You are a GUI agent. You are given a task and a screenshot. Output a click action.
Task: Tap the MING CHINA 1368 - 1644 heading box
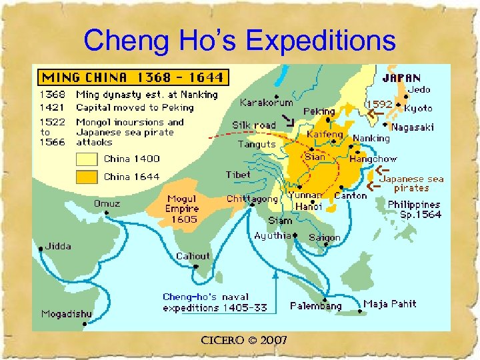coord(132,77)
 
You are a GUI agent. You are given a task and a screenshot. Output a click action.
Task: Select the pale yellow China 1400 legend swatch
coord(87,159)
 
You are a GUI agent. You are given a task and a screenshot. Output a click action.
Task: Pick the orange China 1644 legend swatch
coord(87,177)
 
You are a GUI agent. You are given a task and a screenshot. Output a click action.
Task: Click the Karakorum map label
coord(266,103)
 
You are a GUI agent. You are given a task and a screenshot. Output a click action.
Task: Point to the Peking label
coord(319,111)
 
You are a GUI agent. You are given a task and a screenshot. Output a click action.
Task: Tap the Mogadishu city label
coord(66,314)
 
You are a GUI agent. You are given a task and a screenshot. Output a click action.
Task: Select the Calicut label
coord(193,256)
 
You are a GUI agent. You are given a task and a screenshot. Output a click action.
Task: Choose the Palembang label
coord(315,306)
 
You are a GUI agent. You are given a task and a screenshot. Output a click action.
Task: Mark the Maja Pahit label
coord(390,304)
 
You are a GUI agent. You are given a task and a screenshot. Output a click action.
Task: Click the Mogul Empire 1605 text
coord(182,209)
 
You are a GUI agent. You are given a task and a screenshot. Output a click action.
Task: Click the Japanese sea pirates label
coord(411,183)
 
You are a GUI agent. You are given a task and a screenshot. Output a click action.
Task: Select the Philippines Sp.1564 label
coord(414,209)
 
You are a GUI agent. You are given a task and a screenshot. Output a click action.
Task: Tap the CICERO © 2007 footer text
coord(244,341)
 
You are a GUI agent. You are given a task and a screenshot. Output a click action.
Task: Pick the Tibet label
coord(238,175)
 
